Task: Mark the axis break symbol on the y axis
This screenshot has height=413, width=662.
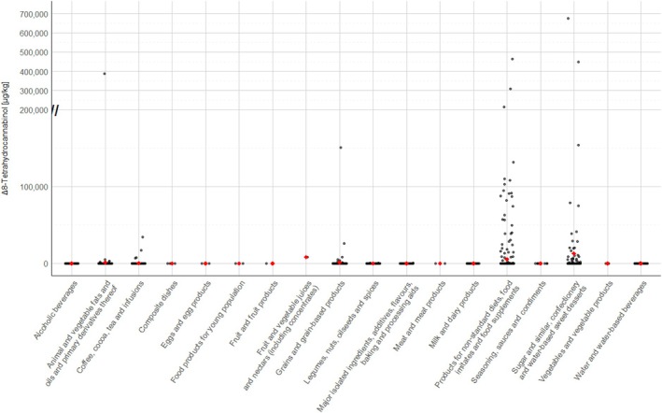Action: point(55,110)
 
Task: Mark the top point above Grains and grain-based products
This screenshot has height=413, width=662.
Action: point(341,148)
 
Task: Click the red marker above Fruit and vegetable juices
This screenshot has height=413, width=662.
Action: point(306,257)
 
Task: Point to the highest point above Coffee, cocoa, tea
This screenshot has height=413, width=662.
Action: point(142,237)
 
